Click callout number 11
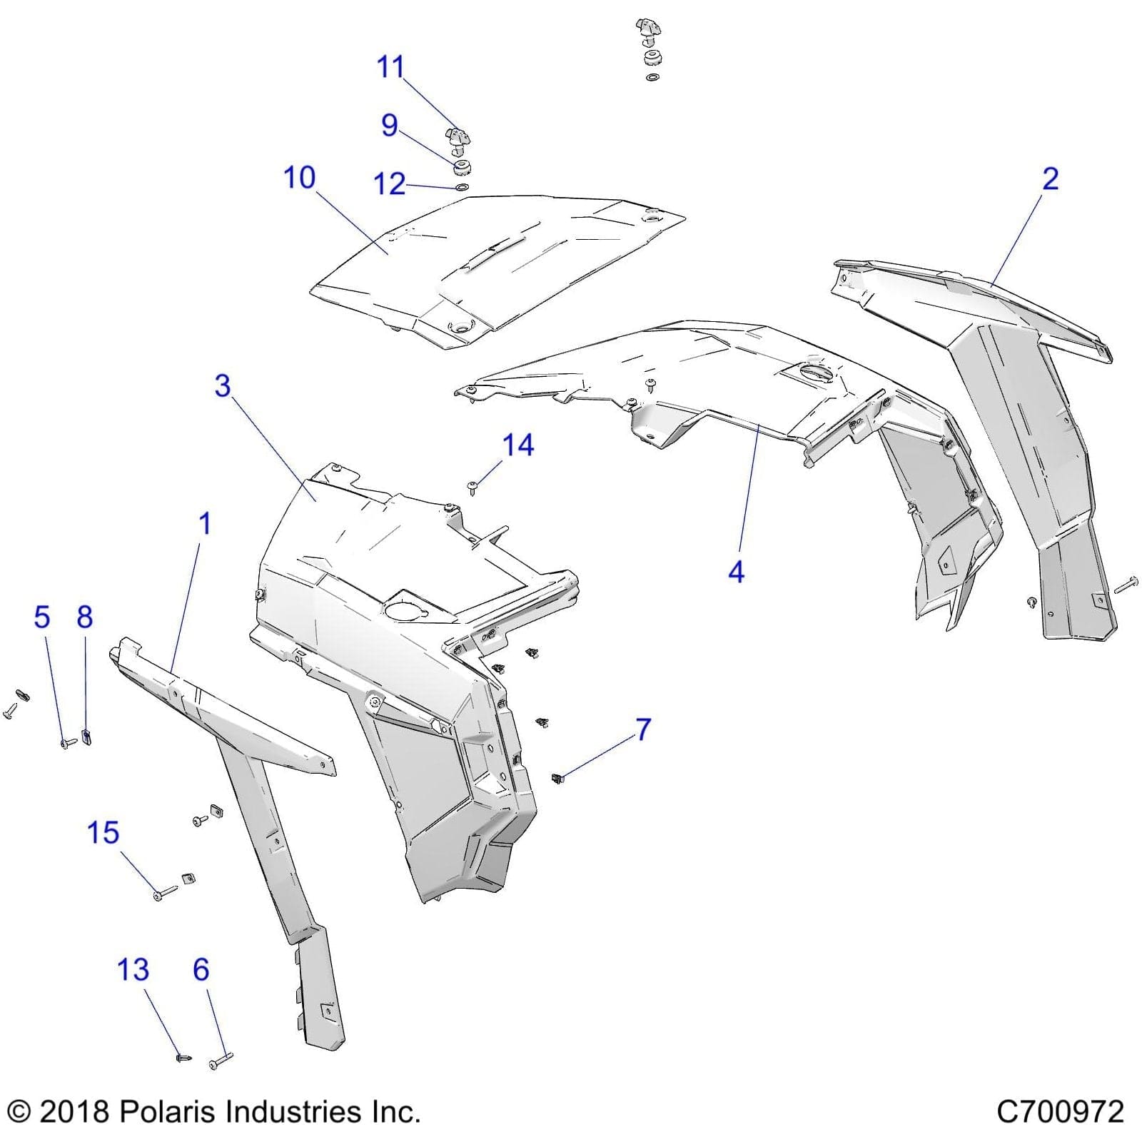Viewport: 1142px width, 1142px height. coord(390,67)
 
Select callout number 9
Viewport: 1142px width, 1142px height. coord(389,126)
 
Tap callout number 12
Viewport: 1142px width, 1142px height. coord(390,184)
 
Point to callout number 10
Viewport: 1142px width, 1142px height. coord(299,178)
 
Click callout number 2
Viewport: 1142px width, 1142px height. coord(1050,178)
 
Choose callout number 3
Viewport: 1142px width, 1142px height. coord(223,386)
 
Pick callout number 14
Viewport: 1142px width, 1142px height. coord(518,445)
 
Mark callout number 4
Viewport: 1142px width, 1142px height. coord(736,572)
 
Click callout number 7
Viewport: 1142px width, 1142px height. coord(643,729)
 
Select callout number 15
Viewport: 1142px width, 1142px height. coord(103,833)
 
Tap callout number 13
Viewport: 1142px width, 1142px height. coord(133,970)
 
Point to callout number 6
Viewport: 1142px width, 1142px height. coord(201,970)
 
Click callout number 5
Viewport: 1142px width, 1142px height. coord(42,617)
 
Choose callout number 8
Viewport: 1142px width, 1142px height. coord(85,617)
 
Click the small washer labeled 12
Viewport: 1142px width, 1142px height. coord(462,188)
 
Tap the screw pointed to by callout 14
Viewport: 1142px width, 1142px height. coord(472,487)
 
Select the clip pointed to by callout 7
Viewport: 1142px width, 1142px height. coord(558,777)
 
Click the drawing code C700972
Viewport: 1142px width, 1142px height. coord(1059,1112)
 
